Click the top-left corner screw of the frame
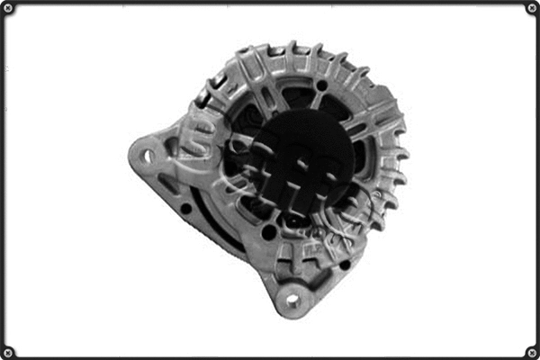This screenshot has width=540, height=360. pyautogui.click(x=8, y=8)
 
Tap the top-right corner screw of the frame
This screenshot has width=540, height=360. pyautogui.click(x=531, y=8)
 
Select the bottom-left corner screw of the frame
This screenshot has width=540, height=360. pyautogui.click(x=8, y=351)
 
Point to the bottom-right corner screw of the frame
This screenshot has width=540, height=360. pyautogui.click(x=531, y=351)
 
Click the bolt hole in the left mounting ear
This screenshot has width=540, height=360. pyautogui.click(x=147, y=155)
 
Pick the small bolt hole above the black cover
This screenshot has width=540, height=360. pyautogui.click(x=321, y=85)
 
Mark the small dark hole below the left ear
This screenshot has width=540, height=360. pyautogui.click(x=185, y=209)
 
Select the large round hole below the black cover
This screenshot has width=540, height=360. pyautogui.click(x=269, y=232)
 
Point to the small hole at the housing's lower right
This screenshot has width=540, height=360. pyautogui.click(x=345, y=264)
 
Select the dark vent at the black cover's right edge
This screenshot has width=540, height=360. pyautogui.click(x=360, y=157)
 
